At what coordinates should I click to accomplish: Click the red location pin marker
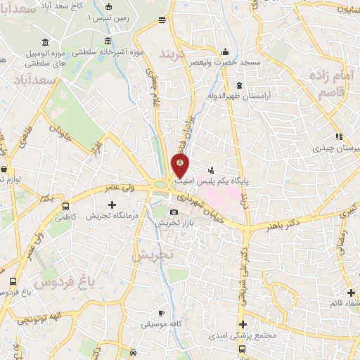tap(181, 166)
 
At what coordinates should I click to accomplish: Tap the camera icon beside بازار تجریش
tap(174, 212)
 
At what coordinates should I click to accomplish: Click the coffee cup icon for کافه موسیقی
tap(161, 314)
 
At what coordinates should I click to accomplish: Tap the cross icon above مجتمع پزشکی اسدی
tap(243, 325)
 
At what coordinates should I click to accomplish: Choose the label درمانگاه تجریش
tap(110, 215)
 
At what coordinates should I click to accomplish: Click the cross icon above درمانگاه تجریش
tap(111, 205)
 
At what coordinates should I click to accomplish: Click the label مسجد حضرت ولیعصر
tap(225, 63)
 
